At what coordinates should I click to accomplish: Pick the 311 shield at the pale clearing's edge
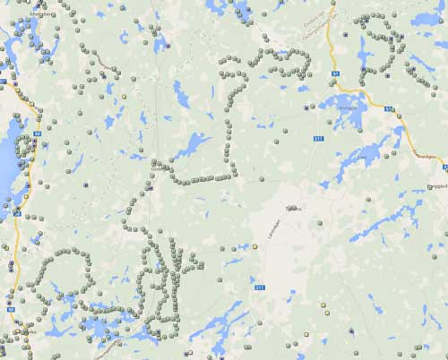click(261, 287)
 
